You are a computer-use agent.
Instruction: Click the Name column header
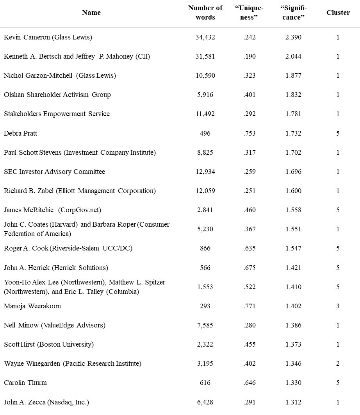coord(91,13)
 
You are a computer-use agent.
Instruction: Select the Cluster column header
coord(338,13)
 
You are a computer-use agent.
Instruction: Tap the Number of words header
coord(205,13)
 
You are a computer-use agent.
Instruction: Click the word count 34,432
coord(205,38)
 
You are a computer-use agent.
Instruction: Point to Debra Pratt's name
coord(20,133)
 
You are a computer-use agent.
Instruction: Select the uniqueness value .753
coord(249,133)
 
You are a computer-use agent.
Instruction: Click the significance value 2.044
coord(293,57)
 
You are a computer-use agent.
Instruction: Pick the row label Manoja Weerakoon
coord(32,306)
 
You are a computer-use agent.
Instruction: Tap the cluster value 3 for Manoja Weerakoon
coord(338,306)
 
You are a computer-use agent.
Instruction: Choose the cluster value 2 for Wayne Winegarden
coord(338,363)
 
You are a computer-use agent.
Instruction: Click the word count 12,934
coord(205,172)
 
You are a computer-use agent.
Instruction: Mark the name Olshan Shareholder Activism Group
coord(57,95)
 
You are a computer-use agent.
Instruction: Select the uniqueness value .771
coord(249,306)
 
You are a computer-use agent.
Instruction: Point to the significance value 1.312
coord(293,402)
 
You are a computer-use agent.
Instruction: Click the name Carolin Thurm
coord(25,383)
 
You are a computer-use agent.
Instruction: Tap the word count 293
coord(205,306)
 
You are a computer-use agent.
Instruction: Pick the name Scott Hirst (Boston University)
coord(49,344)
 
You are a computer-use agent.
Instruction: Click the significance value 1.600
coord(293,191)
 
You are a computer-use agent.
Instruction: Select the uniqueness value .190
coord(249,57)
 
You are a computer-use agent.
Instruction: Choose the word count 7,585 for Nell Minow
coord(205,325)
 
